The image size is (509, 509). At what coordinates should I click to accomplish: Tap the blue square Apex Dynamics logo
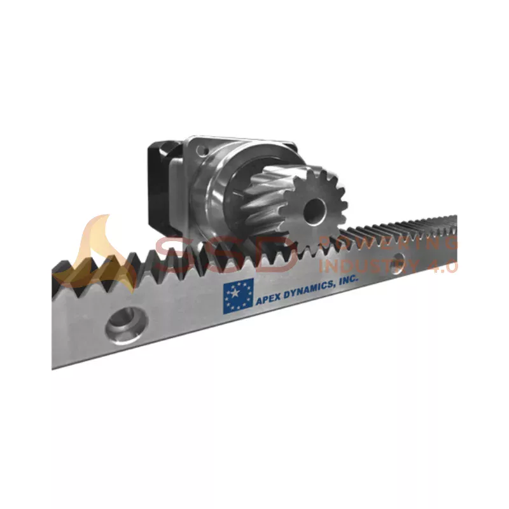click(238, 296)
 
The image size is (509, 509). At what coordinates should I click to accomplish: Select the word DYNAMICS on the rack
click(309, 291)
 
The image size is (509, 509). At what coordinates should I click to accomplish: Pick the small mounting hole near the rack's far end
click(398, 260)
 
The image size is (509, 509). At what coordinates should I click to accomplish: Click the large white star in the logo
click(237, 295)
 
